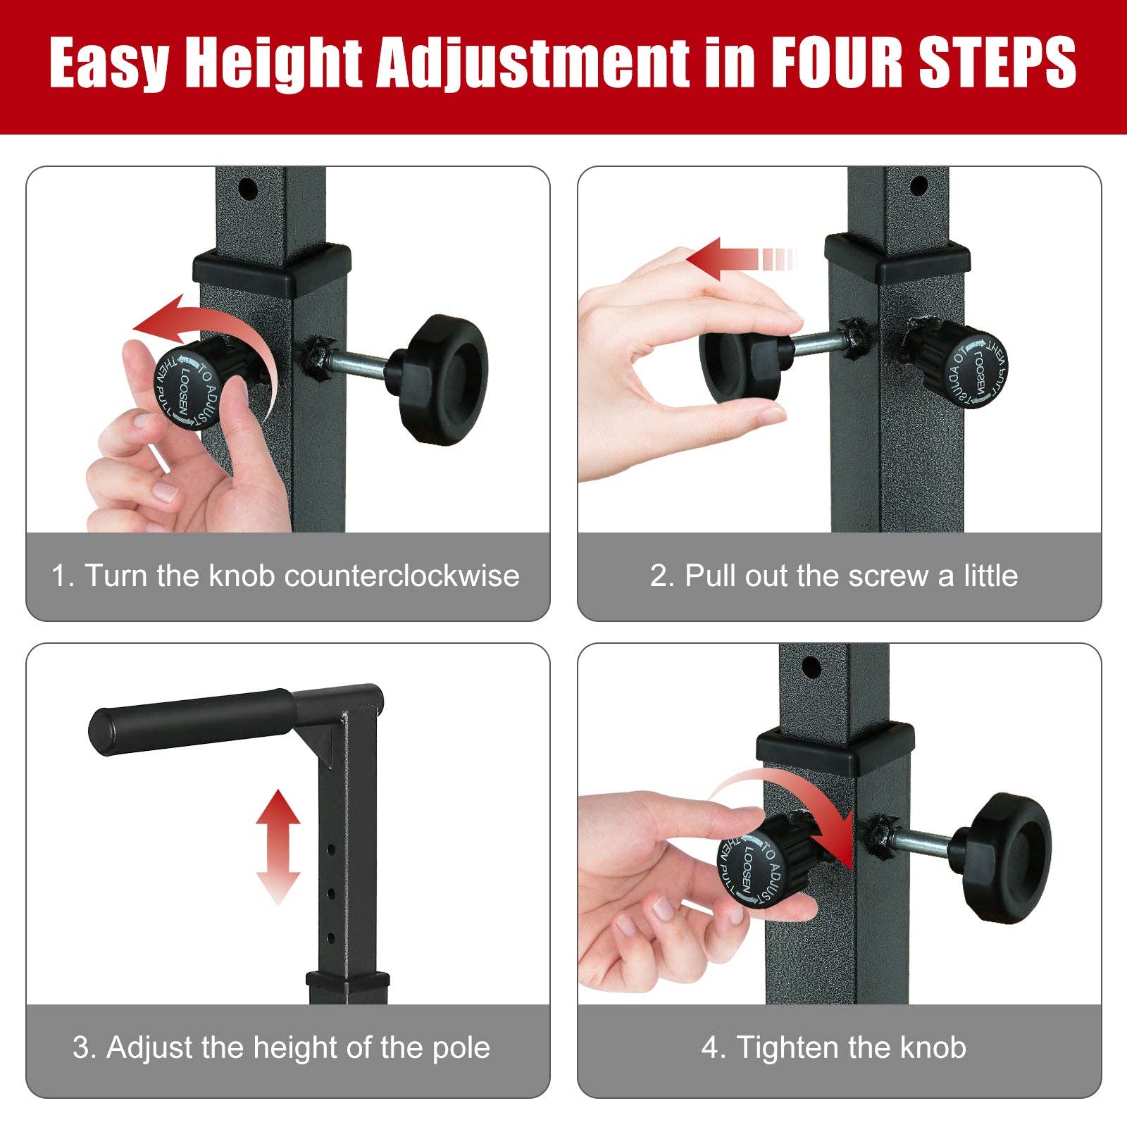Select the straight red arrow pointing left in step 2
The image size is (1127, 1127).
[733, 259]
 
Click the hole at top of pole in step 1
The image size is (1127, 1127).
[248, 189]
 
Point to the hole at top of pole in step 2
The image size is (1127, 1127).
[919, 187]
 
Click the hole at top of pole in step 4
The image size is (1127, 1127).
[811, 666]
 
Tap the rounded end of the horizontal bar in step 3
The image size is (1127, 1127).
[103, 733]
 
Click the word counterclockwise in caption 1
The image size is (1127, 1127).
[401, 576]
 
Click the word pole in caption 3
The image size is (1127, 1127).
[461, 1047]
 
